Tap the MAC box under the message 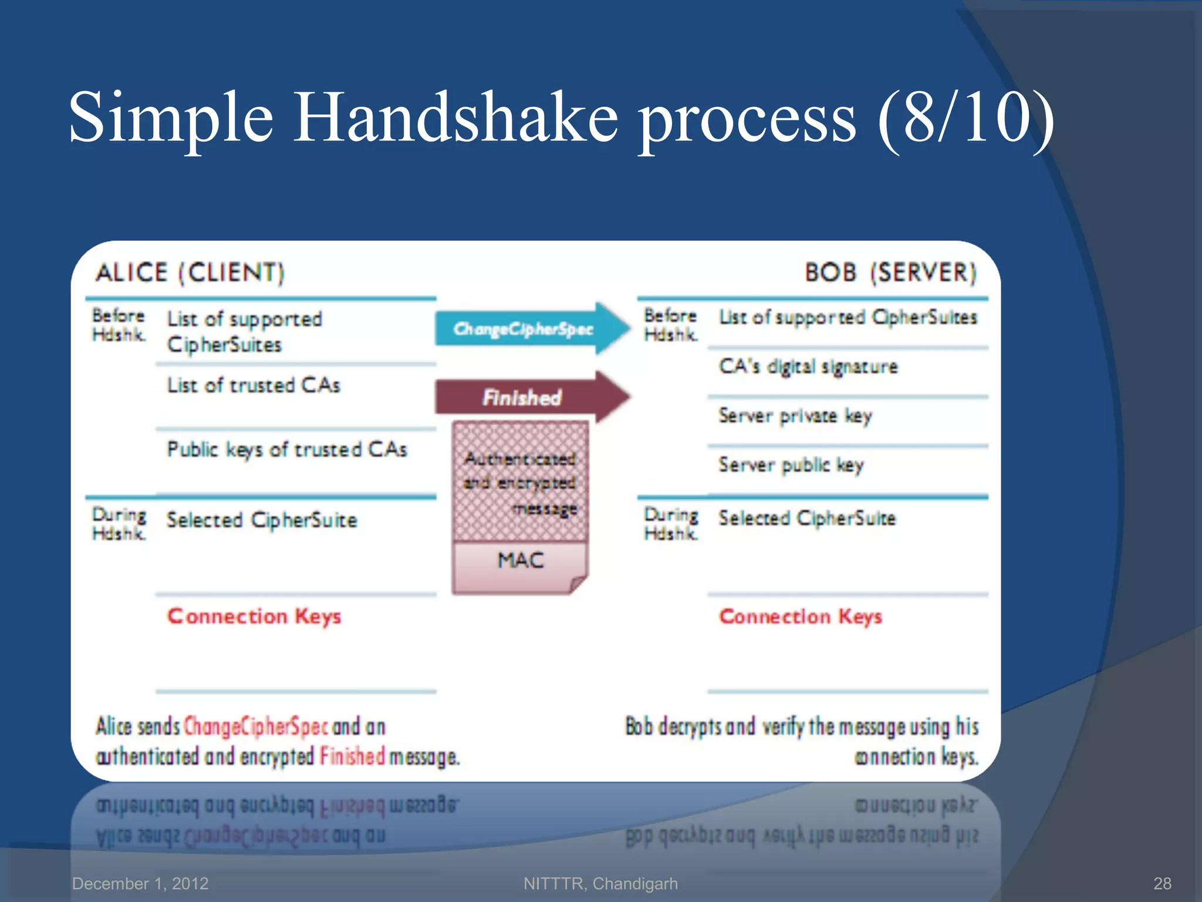pyautogui.click(x=520, y=561)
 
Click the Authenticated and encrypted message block pyautogui.click(x=520, y=482)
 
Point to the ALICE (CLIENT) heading pyautogui.click(x=190, y=273)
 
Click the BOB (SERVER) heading pyautogui.click(x=890, y=273)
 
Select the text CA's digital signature pyautogui.click(x=808, y=366)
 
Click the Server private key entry pyautogui.click(x=795, y=416)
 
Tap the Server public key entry pyautogui.click(x=791, y=465)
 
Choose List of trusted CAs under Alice pyautogui.click(x=254, y=385)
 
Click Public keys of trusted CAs pyautogui.click(x=287, y=450)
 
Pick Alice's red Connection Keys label pyautogui.click(x=254, y=617)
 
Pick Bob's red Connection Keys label pyautogui.click(x=801, y=617)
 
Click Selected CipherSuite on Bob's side pyautogui.click(x=807, y=519)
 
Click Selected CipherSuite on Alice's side pyautogui.click(x=262, y=520)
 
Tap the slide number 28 pyautogui.click(x=1162, y=883)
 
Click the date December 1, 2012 pyautogui.click(x=140, y=883)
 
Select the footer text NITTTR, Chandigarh pyautogui.click(x=600, y=883)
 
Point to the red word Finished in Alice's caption pyautogui.click(x=352, y=756)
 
